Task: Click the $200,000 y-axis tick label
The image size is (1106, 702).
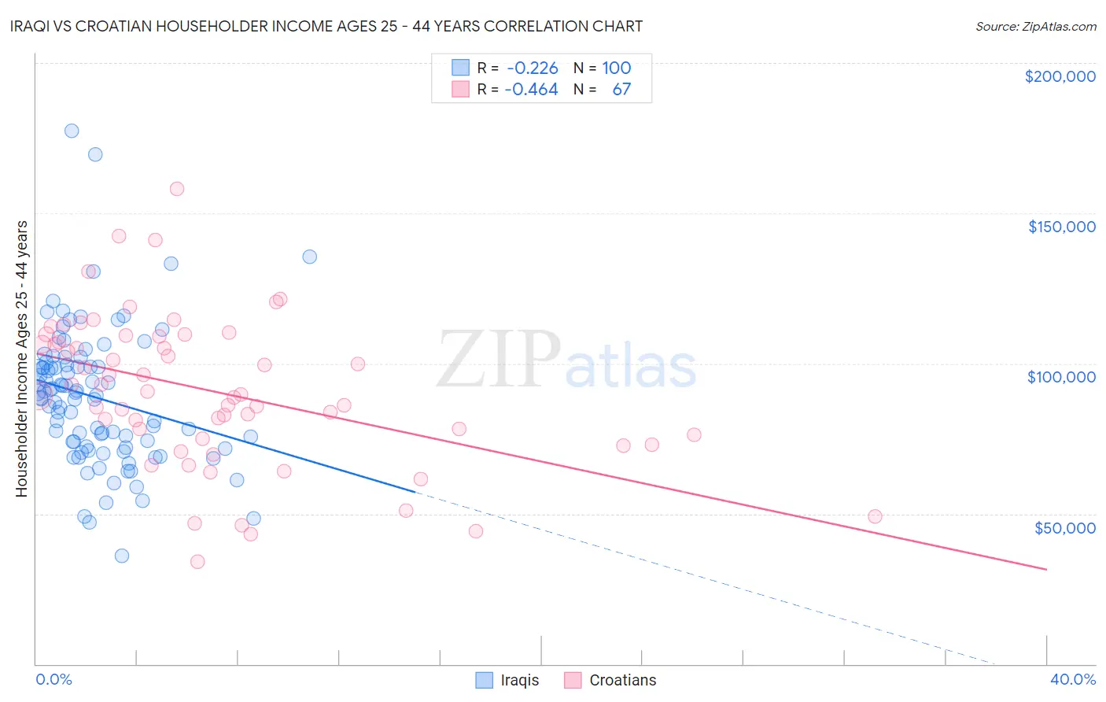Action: [1060, 76]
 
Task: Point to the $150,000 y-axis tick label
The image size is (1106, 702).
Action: [1061, 227]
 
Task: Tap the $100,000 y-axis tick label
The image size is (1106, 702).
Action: [1061, 377]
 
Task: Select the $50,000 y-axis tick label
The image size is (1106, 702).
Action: [1064, 527]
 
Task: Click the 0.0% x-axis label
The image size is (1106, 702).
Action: [53, 679]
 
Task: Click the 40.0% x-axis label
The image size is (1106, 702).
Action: [1072, 679]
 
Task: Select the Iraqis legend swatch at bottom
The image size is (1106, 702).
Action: [485, 680]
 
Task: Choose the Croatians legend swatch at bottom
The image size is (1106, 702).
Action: [573, 680]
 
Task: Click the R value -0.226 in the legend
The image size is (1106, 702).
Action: [533, 68]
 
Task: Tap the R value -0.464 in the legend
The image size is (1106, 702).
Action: [532, 90]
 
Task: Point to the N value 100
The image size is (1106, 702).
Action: [617, 68]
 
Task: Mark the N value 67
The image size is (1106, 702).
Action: [621, 90]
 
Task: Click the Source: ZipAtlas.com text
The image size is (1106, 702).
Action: [1035, 27]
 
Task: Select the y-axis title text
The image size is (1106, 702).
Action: [21, 359]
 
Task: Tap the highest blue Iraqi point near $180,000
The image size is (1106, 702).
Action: [72, 131]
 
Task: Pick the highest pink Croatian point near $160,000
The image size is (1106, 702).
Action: [177, 189]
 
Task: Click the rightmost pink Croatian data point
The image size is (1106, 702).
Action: [875, 516]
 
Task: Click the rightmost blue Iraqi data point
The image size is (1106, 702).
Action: [310, 257]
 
